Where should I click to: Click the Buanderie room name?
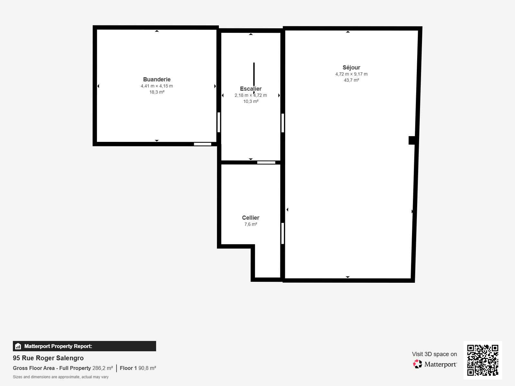point(157,79)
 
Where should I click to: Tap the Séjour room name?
point(351,68)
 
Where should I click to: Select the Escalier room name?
point(250,89)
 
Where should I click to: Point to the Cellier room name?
point(250,218)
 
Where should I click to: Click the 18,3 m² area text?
point(157,92)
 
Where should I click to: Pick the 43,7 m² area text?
point(351,80)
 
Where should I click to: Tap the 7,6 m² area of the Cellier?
point(250,224)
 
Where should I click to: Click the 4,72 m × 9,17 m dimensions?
point(351,74)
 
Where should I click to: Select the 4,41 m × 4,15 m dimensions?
point(157,86)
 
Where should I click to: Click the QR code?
point(482,360)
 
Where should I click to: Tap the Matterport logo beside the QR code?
point(435,364)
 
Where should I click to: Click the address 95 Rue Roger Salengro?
point(48,358)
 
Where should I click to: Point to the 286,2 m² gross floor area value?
point(103,368)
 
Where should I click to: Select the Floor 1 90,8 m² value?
point(138,368)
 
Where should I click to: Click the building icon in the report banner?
point(18,346)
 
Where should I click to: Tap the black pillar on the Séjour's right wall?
point(412,140)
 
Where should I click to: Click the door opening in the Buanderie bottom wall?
point(202,144)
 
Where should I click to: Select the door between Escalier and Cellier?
point(266,162)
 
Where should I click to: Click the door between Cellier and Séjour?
point(283,233)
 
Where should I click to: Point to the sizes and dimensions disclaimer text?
point(61,377)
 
